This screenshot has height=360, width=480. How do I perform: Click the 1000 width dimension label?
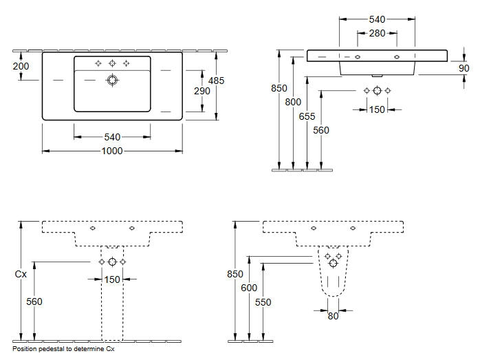coord(112,151)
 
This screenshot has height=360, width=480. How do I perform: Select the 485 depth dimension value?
coord(216,81)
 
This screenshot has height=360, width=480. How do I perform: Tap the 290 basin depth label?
coord(202,91)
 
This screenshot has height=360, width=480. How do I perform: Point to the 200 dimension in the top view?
coord(21,66)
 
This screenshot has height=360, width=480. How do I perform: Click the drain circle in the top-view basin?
coord(112,81)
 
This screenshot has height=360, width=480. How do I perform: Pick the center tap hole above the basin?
coord(112,63)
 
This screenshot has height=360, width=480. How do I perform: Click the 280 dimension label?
coord(377,33)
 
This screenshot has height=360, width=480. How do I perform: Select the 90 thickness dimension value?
coord(463,68)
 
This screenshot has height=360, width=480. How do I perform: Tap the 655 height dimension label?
coord(307,116)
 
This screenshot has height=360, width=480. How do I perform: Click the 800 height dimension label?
coord(293,102)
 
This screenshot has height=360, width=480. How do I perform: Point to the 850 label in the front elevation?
coord(279,88)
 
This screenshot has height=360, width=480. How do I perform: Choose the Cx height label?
coord(21,274)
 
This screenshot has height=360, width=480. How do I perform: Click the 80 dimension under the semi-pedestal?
coord(333,316)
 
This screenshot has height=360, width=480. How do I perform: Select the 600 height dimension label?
coord(249,288)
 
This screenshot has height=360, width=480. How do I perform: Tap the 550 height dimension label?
coord(263,302)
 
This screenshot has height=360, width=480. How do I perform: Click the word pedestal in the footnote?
coord(50,349)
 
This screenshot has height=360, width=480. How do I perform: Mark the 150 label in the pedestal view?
coord(112,279)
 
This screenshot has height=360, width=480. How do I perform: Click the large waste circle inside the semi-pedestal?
coord(333,263)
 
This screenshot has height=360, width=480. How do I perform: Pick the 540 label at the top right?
coord(377,19)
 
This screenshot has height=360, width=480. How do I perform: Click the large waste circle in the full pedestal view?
coord(112,262)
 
